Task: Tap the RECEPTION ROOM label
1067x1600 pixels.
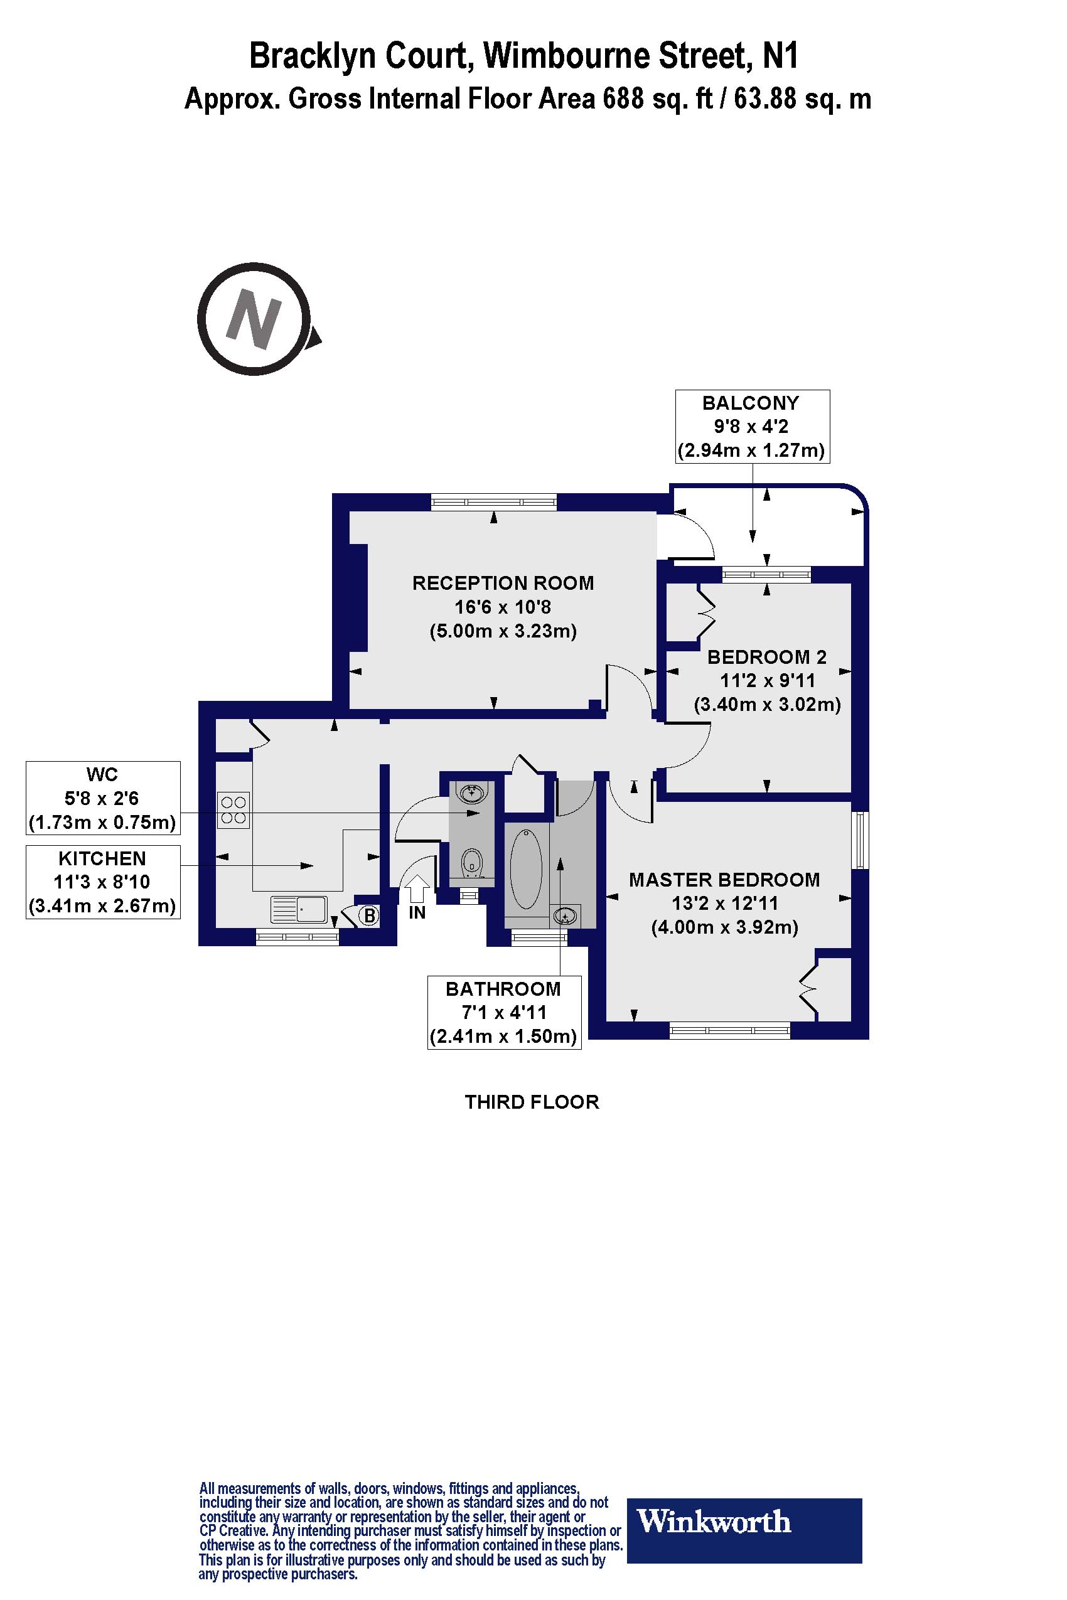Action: pyautogui.click(x=503, y=583)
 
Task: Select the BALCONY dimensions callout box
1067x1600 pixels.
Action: pyautogui.click(x=752, y=427)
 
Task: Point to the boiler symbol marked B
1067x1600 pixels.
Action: pyautogui.click(x=369, y=915)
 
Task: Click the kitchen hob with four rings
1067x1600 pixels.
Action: pyautogui.click(x=233, y=810)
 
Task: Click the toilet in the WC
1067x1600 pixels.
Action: pyautogui.click(x=471, y=863)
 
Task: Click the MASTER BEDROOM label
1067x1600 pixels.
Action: pyautogui.click(x=724, y=880)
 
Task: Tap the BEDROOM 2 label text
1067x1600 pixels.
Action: pyautogui.click(x=767, y=657)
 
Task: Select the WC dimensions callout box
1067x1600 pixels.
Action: pyautogui.click(x=103, y=798)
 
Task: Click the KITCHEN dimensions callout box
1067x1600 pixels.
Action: pyautogui.click(x=103, y=882)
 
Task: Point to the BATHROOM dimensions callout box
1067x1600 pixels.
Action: pyautogui.click(x=504, y=1012)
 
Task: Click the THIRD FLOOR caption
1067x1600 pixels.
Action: pyautogui.click(x=532, y=1102)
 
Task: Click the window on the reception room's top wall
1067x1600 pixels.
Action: pyautogui.click(x=493, y=503)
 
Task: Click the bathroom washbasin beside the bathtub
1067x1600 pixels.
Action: pyautogui.click(x=566, y=917)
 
